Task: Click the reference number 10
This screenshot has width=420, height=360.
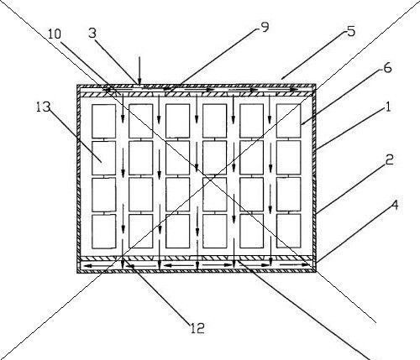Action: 55,34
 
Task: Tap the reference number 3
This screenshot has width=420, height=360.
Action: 92,34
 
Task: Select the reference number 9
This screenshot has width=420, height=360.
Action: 265,27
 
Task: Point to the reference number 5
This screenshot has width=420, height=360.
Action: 351,31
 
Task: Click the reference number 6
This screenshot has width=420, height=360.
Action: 387,68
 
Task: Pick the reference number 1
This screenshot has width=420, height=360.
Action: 388,107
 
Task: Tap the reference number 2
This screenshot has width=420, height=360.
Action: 389,159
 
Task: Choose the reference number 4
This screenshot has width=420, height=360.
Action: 394,205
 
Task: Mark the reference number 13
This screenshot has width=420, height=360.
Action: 43,107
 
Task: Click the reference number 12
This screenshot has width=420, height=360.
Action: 197,328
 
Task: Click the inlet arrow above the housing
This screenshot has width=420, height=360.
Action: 139,70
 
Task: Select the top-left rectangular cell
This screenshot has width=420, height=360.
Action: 104,121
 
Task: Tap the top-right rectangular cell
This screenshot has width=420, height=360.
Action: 289,121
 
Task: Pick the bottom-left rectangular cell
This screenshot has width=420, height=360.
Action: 104,232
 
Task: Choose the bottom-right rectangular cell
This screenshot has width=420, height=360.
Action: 289,231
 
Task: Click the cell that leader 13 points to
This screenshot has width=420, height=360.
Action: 104,158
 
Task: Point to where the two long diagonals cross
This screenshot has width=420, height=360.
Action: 207,179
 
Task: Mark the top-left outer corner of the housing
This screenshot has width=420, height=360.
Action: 77,84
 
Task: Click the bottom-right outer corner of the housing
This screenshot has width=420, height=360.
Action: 316,272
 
